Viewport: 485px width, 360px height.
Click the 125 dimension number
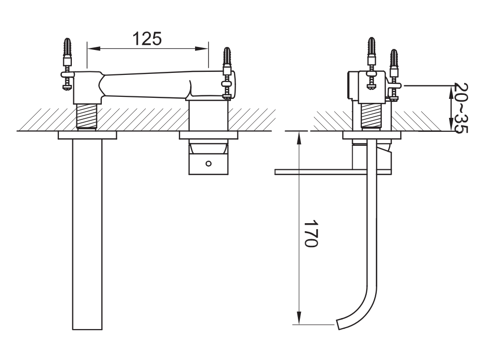tap(147, 38)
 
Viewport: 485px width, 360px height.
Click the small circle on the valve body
tap(209, 163)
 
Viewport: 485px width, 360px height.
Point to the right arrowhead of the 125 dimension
tap(202, 48)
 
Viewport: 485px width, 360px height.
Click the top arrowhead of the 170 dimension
tap(299, 138)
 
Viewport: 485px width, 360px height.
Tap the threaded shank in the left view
tap(87, 116)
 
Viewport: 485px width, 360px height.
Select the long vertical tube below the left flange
tap(87, 234)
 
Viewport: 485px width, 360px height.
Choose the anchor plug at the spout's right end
tap(227, 57)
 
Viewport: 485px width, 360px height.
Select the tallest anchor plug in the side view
tap(371, 47)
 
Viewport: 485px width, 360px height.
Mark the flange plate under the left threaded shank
tap(87, 135)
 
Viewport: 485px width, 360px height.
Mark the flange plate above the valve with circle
tap(209, 135)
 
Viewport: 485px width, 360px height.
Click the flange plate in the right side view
tap(372, 135)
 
